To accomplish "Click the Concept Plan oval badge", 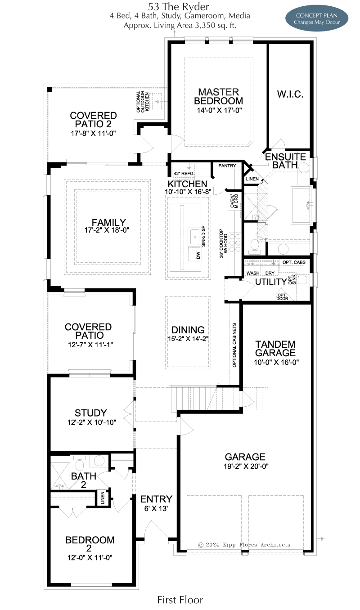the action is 317,18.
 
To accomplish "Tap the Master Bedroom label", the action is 218,96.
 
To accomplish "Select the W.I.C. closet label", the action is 290,94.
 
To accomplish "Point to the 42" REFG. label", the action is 184,174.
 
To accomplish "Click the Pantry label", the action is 227,166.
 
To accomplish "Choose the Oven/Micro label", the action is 234,201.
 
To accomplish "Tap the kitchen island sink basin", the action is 194,238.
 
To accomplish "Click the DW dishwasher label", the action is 198,255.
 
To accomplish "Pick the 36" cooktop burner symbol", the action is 235,242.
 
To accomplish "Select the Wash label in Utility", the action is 253,273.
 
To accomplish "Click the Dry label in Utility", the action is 270,273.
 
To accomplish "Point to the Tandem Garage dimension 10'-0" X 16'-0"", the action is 276,362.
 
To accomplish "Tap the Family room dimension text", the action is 107,230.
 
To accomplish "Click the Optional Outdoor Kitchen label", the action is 143,102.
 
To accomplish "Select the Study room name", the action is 91,413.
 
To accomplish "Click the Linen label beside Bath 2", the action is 103,498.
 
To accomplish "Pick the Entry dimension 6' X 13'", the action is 156,508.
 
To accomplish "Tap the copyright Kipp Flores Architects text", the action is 244,545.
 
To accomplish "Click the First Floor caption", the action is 180,600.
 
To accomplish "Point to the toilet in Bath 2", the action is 80,464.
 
